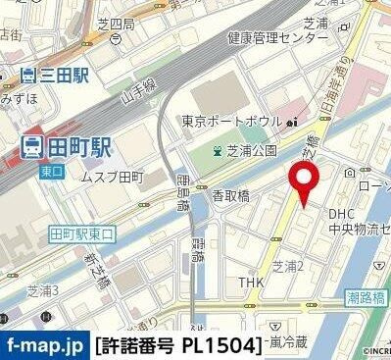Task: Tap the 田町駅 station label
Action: click(78, 148)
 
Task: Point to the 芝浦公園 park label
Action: click(252, 150)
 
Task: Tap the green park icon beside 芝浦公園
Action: click(218, 150)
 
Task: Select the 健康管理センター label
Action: click(277, 38)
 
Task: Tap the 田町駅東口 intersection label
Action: click(82, 234)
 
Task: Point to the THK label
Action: click(252, 283)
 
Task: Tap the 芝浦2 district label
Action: click(288, 266)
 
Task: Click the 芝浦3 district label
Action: click(42, 290)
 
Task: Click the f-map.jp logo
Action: click(44, 345)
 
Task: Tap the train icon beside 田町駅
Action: click(30, 148)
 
